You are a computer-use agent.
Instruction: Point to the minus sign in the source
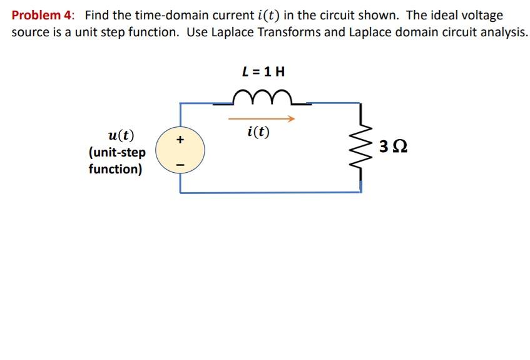(180, 162)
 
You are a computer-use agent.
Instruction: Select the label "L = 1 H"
(263, 71)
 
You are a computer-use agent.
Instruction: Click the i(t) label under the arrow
(258, 132)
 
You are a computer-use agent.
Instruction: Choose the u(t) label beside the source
(121, 136)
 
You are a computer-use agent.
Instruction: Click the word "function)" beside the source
(115, 169)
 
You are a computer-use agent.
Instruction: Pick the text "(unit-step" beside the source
(117, 152)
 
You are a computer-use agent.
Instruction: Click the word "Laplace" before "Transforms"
(218, 32)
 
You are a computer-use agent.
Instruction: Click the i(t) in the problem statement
(269, 15)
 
